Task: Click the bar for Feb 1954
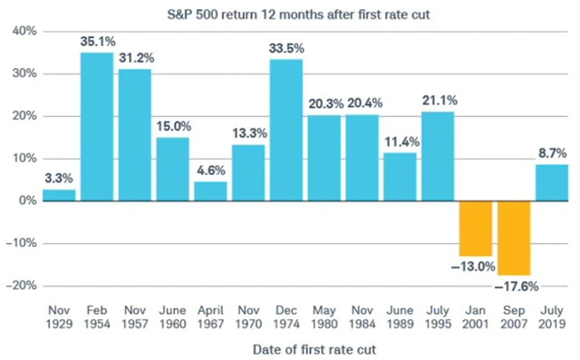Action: tap(97, 127)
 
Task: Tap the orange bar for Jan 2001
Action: tap(476, 228)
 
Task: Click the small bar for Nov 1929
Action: tap(59, 194)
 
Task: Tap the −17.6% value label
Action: tap(514, 287)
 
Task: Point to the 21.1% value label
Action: tap(438, 102)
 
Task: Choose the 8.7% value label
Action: tap(551, 154)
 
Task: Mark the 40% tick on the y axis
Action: tap(24, 32)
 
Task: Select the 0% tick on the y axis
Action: tap(27, 200)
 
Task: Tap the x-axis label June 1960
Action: tap(172, 316)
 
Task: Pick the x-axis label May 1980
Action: tap(324, 316)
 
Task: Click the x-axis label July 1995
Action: tap(438, 316)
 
